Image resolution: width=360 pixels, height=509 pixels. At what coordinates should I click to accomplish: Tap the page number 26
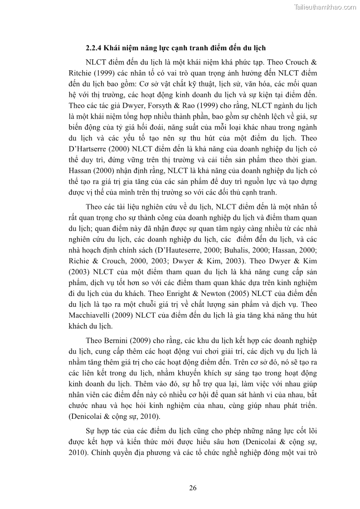[x=193, y=488]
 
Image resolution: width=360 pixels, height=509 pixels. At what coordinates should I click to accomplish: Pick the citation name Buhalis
[x=218, y=251]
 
